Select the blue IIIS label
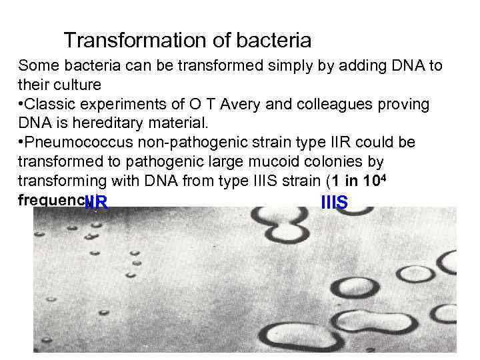pyautogui.click(x=334, y=203)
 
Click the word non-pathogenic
pyautogui.click(x=180, y=143)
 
